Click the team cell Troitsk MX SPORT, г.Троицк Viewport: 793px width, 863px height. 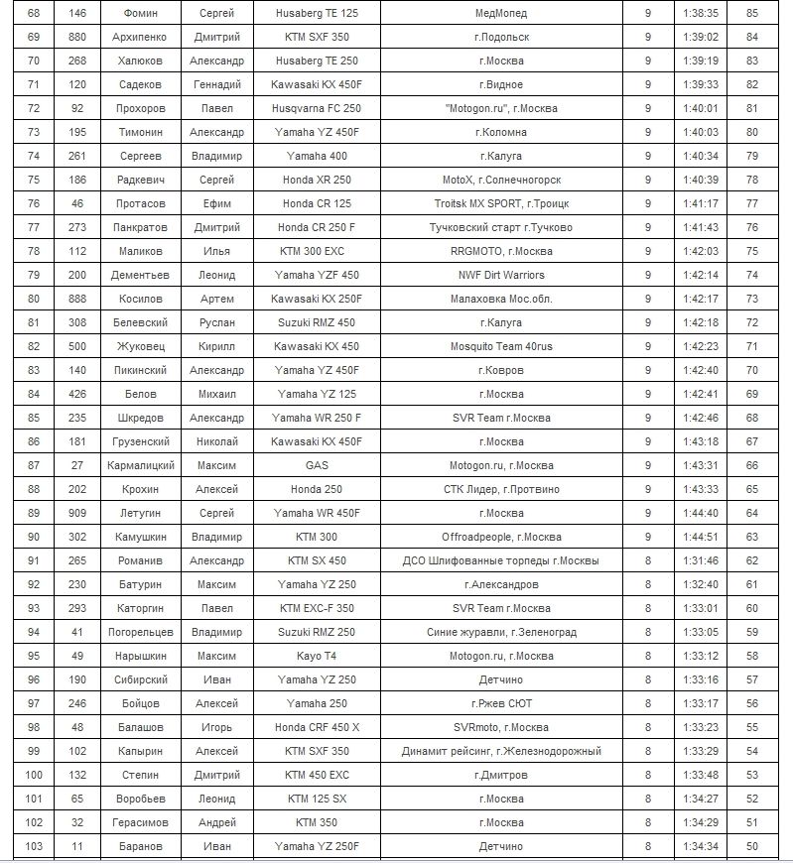(x=501, y=203)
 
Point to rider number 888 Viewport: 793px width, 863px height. (x=77, y=299)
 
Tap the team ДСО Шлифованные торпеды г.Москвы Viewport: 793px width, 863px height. (x=501, y=560)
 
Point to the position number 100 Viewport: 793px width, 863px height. (x=35, y=775)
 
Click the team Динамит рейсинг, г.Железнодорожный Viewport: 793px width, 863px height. (x=501, y=751)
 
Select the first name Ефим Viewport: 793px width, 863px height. (x=216, y=203)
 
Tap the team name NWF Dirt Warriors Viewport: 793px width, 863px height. (x=501, y=275)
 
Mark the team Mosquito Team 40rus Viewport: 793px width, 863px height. (x=501, y=346)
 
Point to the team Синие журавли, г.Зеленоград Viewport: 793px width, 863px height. (x=501, y=632)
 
